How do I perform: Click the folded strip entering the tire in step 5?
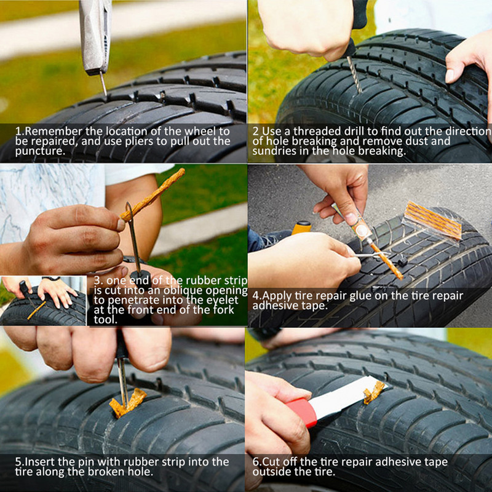[x=128, y=403]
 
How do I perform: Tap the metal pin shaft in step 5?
[x=123, y=378]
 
